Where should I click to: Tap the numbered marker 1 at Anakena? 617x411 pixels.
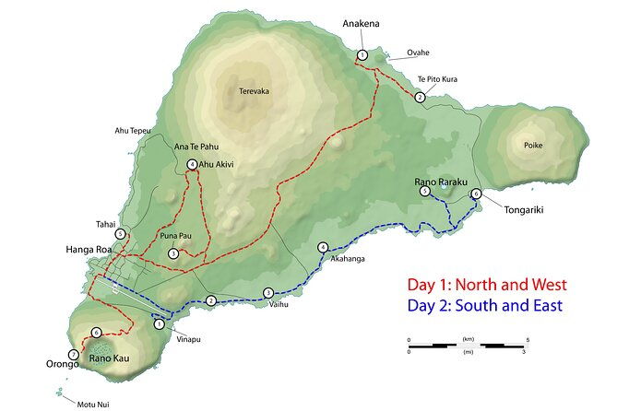tap(362, 56)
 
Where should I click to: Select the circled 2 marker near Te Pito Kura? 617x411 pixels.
tap(420, 97)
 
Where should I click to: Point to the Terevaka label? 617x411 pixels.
tap(254, 91)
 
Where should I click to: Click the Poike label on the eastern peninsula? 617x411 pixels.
tap(534, 146)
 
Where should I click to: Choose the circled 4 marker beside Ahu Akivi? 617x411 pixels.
tap(192, 165)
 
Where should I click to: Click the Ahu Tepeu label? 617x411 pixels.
tap(132, 131)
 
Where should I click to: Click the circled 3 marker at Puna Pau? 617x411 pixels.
tap(172, 254)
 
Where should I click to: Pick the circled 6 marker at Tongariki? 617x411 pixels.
tap(476, 194)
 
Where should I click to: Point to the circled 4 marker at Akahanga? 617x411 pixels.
tap(322, 247)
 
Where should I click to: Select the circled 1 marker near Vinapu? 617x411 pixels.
tap(159, 323)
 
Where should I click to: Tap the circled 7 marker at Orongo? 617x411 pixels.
tap(73, 354)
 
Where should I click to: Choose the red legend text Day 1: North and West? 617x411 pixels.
tap(487, 286)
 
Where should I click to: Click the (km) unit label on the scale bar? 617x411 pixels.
tap(469, 339)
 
